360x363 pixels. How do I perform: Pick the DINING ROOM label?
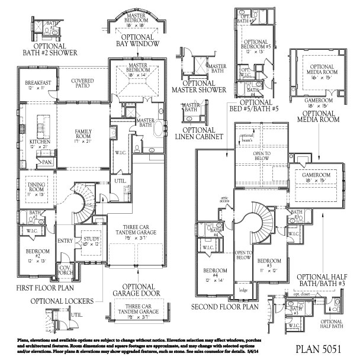tap(37, 188)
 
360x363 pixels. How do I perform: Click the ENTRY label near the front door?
tap(65, 240)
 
